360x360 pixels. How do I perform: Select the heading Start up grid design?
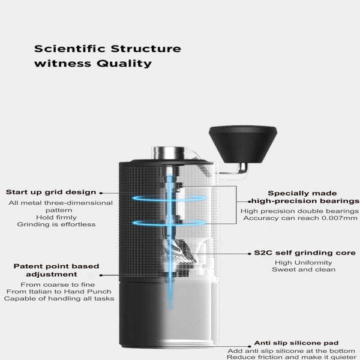[51, 192]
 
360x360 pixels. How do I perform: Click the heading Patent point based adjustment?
[56, 270]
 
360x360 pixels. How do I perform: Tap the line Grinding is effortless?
[56, 224]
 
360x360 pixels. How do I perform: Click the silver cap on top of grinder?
[164, 152]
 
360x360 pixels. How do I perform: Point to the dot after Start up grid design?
[100, 193]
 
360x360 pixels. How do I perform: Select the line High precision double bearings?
[300, 211]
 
